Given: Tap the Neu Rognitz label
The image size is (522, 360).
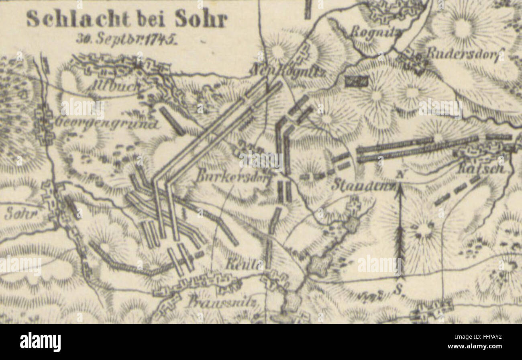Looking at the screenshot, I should pyautogui.click(x=288, y=71).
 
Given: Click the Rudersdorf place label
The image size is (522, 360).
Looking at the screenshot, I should pyautogui.click(x=464, y=54).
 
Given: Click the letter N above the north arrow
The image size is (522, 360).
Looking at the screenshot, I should pyautogui.click(x=400, y=175).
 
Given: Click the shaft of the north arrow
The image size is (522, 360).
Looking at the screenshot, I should pyautogui.click(x=400, y=233).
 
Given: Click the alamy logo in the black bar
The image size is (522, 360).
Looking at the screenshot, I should pyautogui.click(x=40, y=342).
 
